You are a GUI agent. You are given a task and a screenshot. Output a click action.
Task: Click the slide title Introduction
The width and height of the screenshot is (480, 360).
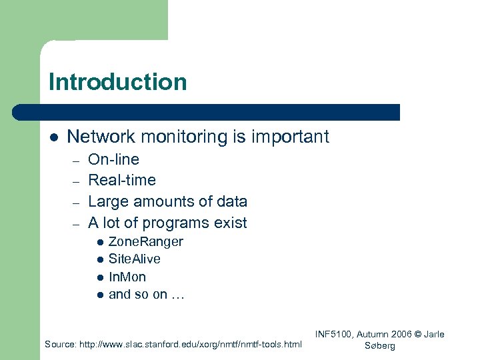tap(117, 82)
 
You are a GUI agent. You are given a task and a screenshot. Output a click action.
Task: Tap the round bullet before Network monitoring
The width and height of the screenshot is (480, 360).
tap(54, 137)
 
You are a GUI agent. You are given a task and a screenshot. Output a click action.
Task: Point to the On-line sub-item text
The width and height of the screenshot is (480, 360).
tap(113, 159)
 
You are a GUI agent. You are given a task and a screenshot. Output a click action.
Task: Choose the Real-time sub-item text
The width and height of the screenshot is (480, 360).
tap(122, 180)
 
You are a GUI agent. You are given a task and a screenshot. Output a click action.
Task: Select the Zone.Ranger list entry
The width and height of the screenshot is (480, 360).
tap(145, 241)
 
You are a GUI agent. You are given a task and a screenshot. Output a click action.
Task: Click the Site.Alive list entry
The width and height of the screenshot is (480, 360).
tap(134, 259)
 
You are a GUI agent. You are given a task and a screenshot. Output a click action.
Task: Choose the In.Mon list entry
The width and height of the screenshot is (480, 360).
tap(127, 277)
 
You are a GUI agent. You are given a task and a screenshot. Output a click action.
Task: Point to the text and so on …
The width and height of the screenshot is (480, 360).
tap(146, 294)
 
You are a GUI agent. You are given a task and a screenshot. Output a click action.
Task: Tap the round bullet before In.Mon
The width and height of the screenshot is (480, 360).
tap(99, 277)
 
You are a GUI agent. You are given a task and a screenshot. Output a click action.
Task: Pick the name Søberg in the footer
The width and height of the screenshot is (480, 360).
tap(380, 346)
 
